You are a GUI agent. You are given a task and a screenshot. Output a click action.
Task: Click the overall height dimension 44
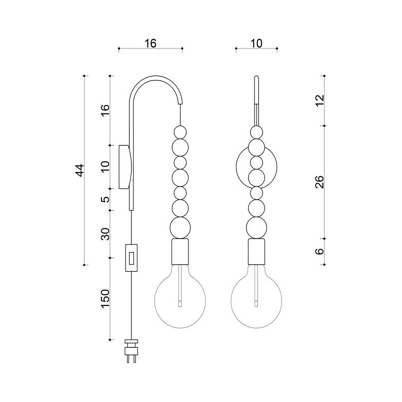(x=80, y=170)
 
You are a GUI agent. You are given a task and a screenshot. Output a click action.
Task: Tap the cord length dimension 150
(x=105, y=298)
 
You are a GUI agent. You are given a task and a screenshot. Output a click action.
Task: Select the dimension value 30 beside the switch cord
(x=105, y=234)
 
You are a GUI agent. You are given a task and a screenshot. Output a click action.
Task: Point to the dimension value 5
(x=105, y=199)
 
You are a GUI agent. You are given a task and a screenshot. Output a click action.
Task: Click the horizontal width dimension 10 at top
(x=256, y=43)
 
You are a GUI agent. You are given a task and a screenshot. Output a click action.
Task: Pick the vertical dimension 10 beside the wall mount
(x=105, y=166)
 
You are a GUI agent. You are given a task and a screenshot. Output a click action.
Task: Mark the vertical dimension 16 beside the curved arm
(x=105, y=110)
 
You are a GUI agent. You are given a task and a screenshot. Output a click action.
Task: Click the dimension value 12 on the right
(x=319, y=100)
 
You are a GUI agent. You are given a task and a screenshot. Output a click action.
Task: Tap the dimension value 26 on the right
(x=319, y=182)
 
